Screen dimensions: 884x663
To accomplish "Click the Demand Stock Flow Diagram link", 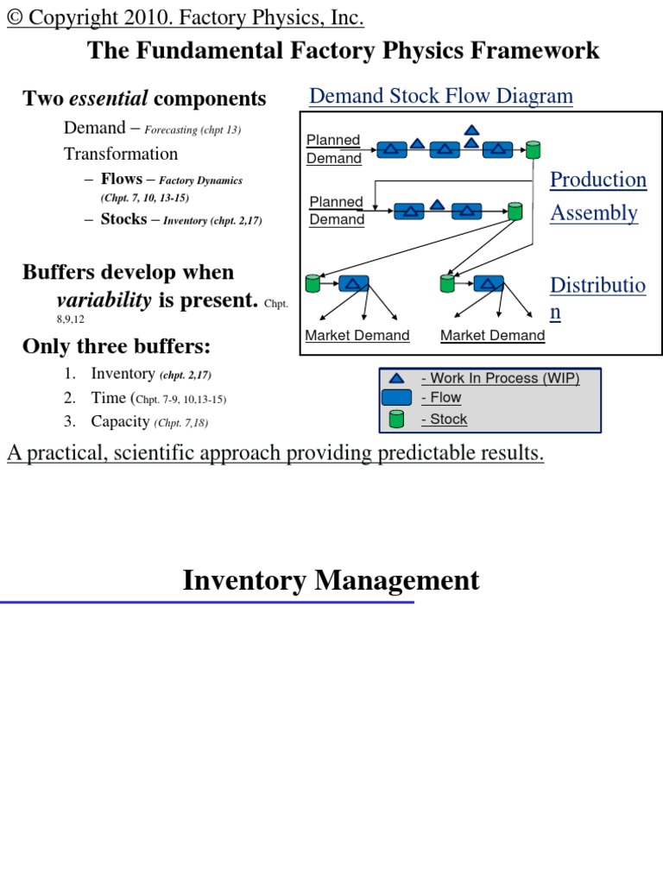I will (x=440, y=96).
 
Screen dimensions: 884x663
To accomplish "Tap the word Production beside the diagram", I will (x=598, y=180).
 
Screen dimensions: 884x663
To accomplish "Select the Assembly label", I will (x=594, y=213).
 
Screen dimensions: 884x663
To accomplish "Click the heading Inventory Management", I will (x=331, y=580).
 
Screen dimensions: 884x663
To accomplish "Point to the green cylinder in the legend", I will (x=396, y=420).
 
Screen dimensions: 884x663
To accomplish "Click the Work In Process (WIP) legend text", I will (x=500, y=378).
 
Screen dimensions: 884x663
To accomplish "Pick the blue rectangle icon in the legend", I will (x=396, y=398).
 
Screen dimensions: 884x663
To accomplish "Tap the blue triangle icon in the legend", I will (x=396, y=378).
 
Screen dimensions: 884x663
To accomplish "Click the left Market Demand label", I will (x=357, y=336).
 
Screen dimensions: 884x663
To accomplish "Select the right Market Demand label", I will (x=493, y=336).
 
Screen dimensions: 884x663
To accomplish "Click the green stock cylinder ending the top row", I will (x=534, y=149).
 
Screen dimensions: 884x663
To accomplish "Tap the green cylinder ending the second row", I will (x=515, y=211).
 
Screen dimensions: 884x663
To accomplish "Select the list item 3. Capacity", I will (x=120, y=421).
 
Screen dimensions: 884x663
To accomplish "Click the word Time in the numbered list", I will (x=108, y=398).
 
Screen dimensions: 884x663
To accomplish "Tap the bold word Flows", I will (x=122, y=180).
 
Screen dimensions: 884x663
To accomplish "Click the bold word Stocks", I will (x=123, y=219).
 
